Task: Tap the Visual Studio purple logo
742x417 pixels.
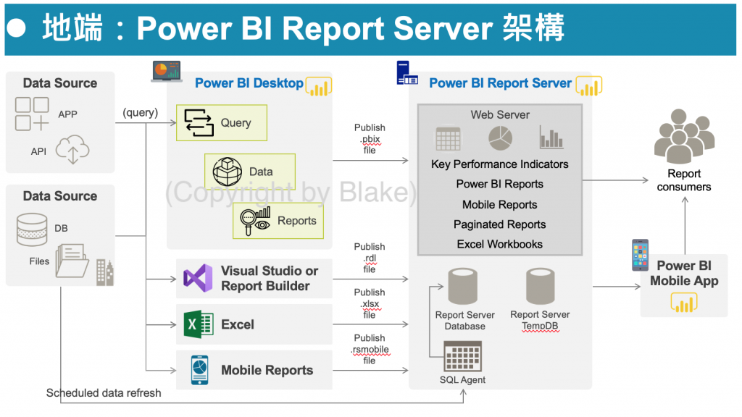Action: [198, 278]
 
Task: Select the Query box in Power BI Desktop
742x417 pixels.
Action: [222, 122]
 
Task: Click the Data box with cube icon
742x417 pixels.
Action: [249, 172]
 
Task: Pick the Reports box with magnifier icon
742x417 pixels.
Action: [278, 221]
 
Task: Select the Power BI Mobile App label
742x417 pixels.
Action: [684, 273]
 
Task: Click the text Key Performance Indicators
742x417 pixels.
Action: [499, 164]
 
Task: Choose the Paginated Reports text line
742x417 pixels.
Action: [499, 224]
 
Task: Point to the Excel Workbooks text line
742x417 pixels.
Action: [499, 245]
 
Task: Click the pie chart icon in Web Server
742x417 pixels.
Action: [500, 137]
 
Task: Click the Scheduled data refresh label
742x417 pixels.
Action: [104, 393]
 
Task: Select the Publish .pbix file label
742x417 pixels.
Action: [370, 139]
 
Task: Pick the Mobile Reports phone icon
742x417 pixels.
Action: [199, 370]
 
